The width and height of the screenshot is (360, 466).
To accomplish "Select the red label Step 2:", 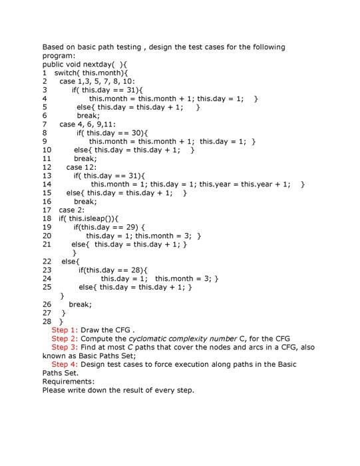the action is pyautogui.click(x=65, y=339).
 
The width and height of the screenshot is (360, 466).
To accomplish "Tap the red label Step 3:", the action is pyautogui.click(x=65, y=348).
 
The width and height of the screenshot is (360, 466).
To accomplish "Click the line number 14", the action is pyautogui.click(x=47, y=184).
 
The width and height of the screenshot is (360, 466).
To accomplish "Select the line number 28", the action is pyautogui.click(x=47, y=322).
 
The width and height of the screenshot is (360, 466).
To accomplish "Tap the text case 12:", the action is pyautogui.click(x=82, y=167).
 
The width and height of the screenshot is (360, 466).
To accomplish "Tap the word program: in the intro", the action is pyautogui.click(x=59, y=56).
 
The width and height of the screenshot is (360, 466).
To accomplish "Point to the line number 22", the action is pyautogui.click(x=47, y=262).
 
